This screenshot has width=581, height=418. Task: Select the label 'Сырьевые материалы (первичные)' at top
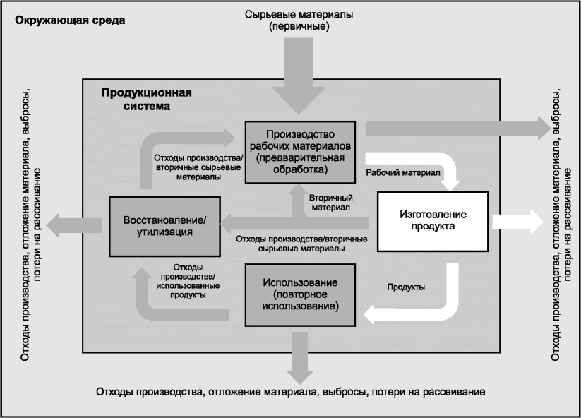300,20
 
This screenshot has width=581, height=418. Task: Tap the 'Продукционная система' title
146,100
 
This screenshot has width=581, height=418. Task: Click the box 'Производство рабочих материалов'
300,152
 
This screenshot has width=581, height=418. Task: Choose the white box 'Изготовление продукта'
433,220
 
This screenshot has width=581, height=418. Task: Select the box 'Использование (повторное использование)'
300,294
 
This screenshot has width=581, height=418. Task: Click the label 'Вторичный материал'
331,203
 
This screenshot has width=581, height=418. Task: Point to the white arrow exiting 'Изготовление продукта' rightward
516,221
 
